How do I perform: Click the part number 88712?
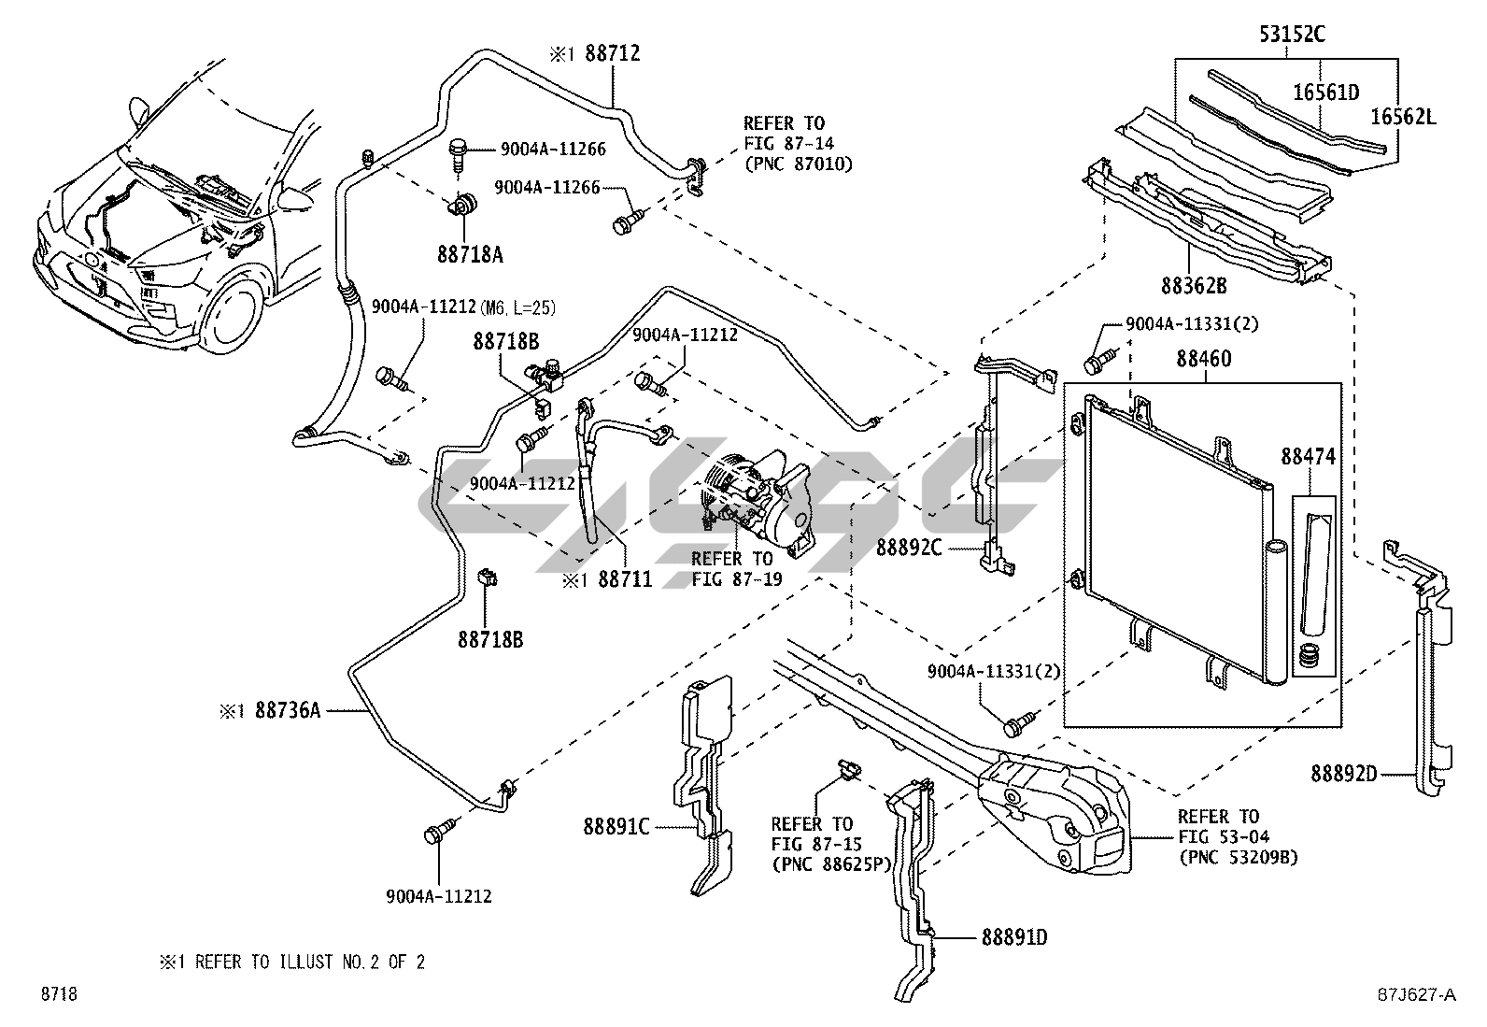point(612,53)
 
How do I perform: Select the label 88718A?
point(469,253)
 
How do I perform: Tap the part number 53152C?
point(1293,36)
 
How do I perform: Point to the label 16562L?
point(1403,117)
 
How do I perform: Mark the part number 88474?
point(1309,457)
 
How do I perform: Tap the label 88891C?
point(616,826)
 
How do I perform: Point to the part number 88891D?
point(1014,935)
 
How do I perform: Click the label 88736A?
point(288,711)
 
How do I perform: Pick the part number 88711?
point(625,580)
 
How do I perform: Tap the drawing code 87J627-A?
point(1416,994)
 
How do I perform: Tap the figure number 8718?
point(57,994)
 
